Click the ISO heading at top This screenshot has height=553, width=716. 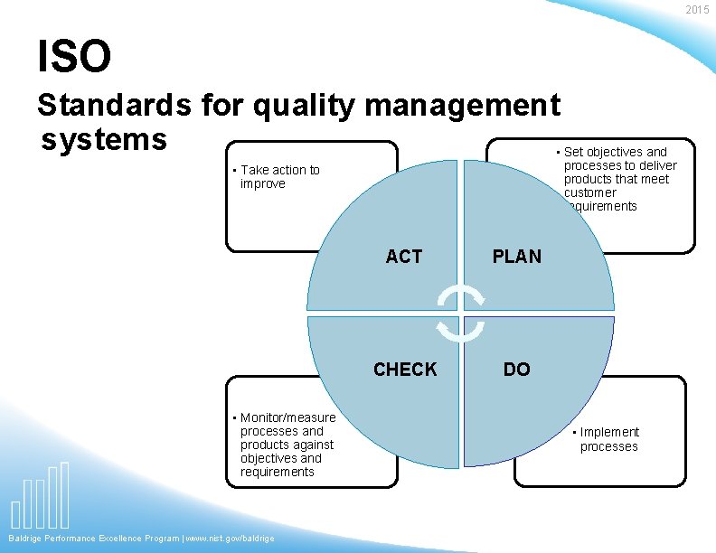point(74,57)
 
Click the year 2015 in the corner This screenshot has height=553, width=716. point(697,10)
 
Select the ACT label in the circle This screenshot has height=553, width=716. point(403,257)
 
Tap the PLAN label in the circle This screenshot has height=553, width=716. point(516,257)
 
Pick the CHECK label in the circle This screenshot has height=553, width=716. point(405,369)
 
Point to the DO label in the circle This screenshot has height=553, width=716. point(516,369)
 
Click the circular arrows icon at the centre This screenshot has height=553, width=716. point(461,314)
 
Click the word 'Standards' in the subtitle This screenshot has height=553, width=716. point(113,107)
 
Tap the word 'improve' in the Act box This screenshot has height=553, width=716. point(262,183)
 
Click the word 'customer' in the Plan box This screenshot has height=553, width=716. point(589,192)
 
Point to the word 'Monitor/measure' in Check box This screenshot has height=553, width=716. point(287,417)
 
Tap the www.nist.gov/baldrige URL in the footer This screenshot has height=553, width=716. point(230,539)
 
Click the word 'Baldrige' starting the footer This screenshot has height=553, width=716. point(25,539)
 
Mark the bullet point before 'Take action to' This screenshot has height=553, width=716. point(234,171)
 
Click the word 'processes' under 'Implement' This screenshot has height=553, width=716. point(608,446)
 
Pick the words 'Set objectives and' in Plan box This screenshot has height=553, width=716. point(615,152)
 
